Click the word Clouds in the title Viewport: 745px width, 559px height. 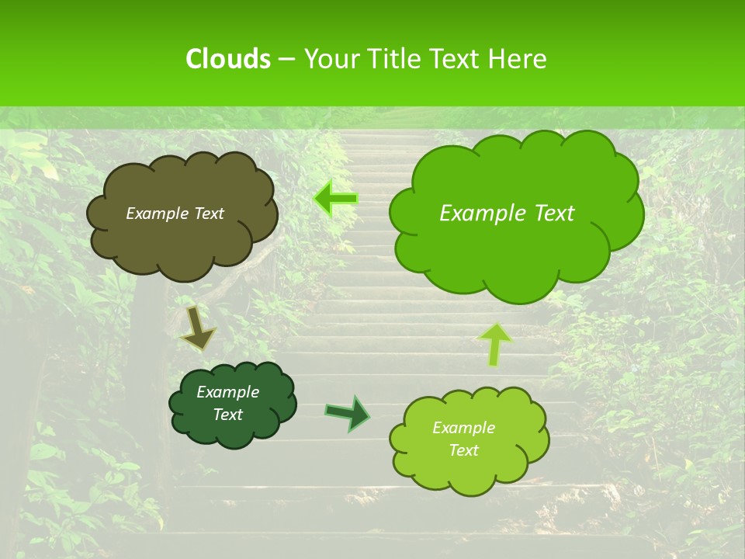point(227,59)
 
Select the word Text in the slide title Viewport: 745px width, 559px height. point(457,59)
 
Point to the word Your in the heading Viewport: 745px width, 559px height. point(331,59)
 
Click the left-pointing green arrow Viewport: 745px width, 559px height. point(336,199)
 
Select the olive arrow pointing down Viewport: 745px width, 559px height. point(198,328)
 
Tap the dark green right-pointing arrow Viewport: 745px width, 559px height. point(348,413)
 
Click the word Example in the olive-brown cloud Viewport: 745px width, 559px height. point(157,214)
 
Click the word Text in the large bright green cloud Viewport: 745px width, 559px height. point(546,214)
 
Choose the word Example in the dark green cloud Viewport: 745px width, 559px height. point(227,392)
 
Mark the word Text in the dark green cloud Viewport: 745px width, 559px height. point(227,415)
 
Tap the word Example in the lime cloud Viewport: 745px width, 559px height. point(463,428)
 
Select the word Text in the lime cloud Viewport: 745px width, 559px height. point(463,450)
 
